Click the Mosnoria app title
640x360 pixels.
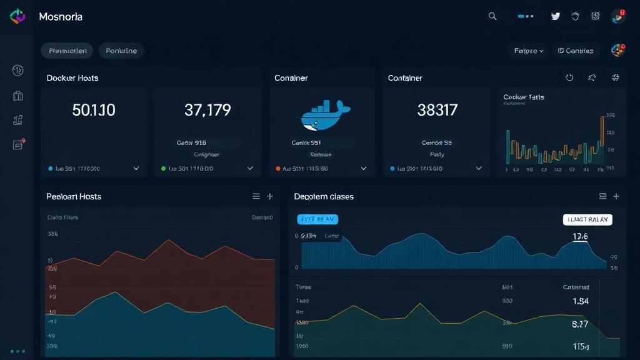(x=61, y=17)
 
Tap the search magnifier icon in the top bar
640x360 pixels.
(x=492, y=17)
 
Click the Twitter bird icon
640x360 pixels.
(x=556, y=17)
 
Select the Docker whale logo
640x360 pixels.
(x=321, y=116)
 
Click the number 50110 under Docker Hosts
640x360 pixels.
(x=94, y=111)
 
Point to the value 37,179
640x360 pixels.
(x=207, y=111)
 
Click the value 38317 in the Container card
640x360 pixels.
(x=437, y=111)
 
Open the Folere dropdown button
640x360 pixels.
(x=529, y=51)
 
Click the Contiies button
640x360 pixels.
(x=576, y=51)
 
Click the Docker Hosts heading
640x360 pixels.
(x=72, y=78)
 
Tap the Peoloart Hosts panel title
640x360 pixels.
(x=74, y=196)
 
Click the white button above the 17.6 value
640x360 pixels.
(x=587, y=219)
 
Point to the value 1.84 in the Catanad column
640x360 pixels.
(x=580, y=301)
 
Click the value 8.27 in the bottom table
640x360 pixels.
(x=580, y=324)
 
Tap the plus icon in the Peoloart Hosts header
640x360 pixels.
(x=270, y=196)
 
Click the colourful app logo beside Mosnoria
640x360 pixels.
(x=17, y=17)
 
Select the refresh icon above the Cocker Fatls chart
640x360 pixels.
(x=569, y=78)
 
